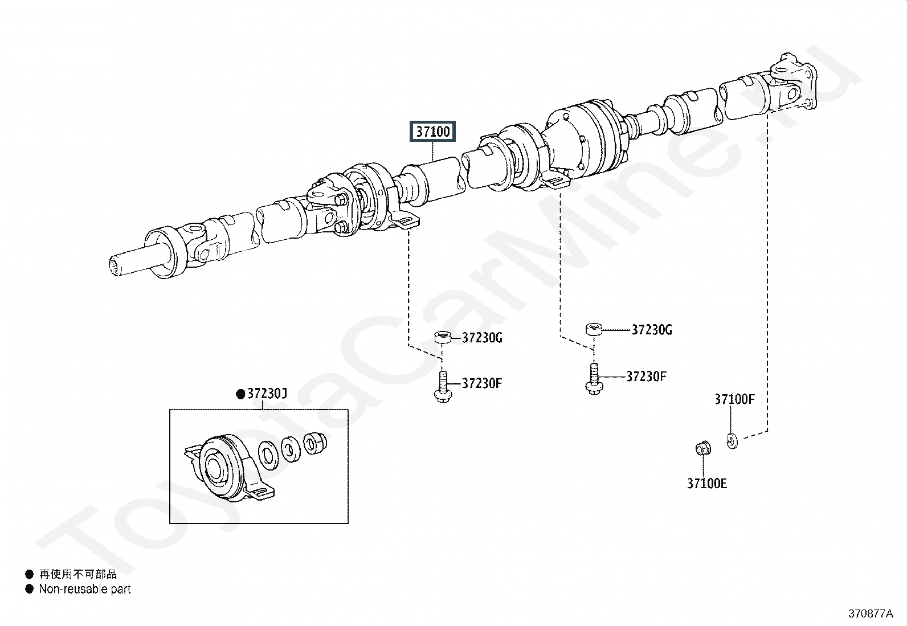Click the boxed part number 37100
(432, 131)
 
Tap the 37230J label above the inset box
(267, 393)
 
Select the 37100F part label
(734, 399)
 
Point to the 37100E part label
(707, 484)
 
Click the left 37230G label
(482, 338)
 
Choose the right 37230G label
(652, 330)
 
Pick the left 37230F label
(482, 383)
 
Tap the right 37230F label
(646, 377)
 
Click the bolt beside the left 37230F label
(443, 387)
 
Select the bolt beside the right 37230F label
(594, 379)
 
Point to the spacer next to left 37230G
(443, 338)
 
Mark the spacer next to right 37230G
(594, 329)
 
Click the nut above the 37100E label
(703, 448)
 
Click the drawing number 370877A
(871, 613)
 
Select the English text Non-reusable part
(85, 589)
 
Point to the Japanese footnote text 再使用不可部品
(77, 574)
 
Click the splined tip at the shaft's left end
(116, 267)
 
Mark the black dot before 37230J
(240, 394)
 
